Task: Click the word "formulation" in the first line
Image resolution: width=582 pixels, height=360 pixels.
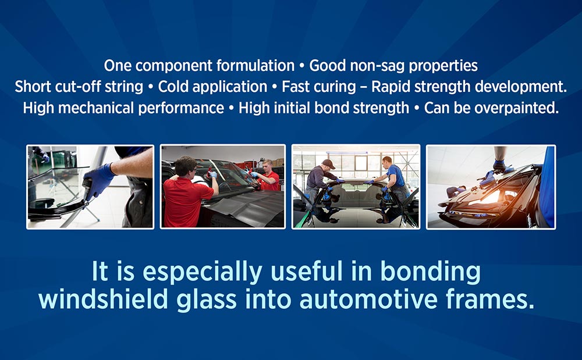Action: coord(255,66)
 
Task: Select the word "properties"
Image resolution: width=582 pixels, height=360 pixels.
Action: coord(443,66)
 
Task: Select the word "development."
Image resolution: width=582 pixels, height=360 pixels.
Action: coord(521,87)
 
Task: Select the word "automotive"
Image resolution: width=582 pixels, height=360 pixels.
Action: coord(368,299)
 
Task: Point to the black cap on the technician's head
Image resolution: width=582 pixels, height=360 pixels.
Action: coord(328,163)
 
